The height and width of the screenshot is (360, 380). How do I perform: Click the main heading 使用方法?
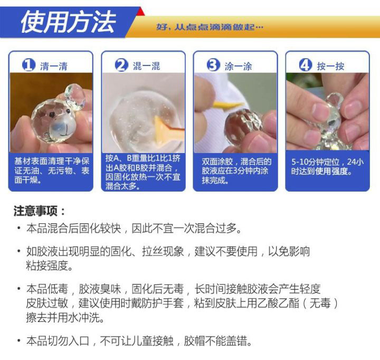coord(68,22)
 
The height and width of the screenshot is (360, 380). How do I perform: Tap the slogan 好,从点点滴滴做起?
coord(210,27)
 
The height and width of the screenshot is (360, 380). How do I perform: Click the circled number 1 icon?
coord(29,65)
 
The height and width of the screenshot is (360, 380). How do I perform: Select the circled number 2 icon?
coord(121,65)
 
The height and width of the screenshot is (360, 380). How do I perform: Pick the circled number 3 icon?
coord(213,65)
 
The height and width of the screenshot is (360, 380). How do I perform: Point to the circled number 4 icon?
coord(306,65)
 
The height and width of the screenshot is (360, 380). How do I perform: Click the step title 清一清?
coord(54,66)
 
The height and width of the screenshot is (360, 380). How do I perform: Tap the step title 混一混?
coord(146,66)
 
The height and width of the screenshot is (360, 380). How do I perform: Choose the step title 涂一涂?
coord(238,66)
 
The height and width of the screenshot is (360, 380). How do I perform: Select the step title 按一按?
coord(330,66)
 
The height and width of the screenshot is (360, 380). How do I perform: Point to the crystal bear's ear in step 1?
coord(75,97)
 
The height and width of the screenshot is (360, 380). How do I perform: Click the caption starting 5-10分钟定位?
coord(327,167)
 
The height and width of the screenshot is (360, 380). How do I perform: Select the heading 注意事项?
coord(39,211)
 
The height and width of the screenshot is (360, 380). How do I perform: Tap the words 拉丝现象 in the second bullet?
coord(163,251)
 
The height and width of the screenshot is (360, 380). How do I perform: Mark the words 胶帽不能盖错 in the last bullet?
coord(218,341)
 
